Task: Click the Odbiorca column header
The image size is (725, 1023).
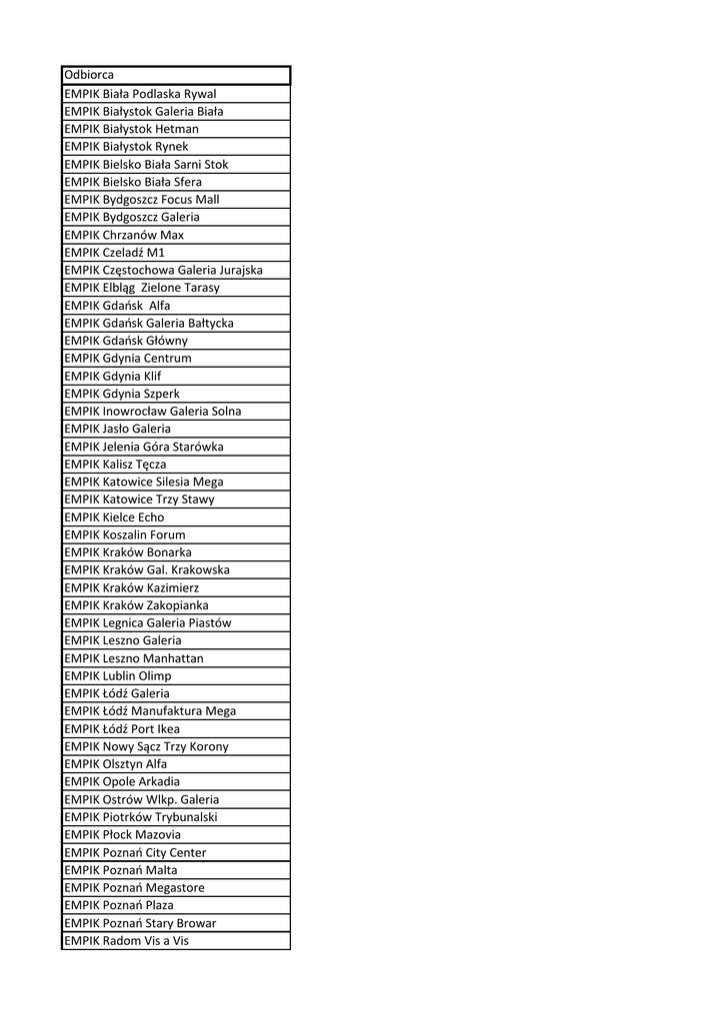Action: (89, 75)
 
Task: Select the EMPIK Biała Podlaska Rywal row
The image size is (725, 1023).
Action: (140, 94)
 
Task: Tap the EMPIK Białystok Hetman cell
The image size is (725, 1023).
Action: (131, 129)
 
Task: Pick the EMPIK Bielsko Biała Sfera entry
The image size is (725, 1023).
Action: (133, 182)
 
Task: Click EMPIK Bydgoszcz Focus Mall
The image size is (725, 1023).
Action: (142, 200)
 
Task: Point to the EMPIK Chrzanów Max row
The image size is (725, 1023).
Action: (124, 235)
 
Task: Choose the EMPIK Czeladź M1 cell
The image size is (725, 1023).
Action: (114, 253)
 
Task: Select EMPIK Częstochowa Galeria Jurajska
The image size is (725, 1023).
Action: (163, 270)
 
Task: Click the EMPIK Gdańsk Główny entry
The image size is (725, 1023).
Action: (126, 341)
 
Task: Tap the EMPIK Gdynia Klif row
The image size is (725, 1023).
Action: (112, 376)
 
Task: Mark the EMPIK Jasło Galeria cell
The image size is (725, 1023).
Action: (117, 429)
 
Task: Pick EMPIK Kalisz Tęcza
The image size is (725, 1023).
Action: (115, 465)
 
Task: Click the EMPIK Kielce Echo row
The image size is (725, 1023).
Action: (114, 517)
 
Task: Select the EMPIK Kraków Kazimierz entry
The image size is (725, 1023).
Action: (131, 587)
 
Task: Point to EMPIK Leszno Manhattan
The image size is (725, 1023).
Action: (133, 658)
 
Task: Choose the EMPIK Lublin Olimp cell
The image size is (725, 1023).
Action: (117, 676)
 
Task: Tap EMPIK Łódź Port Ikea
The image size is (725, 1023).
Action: (122, 729)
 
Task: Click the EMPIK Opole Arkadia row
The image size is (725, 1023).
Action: (122, 781)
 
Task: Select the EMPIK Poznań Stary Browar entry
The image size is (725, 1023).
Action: (140, 923)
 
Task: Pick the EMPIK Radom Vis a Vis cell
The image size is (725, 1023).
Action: (126, 940)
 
